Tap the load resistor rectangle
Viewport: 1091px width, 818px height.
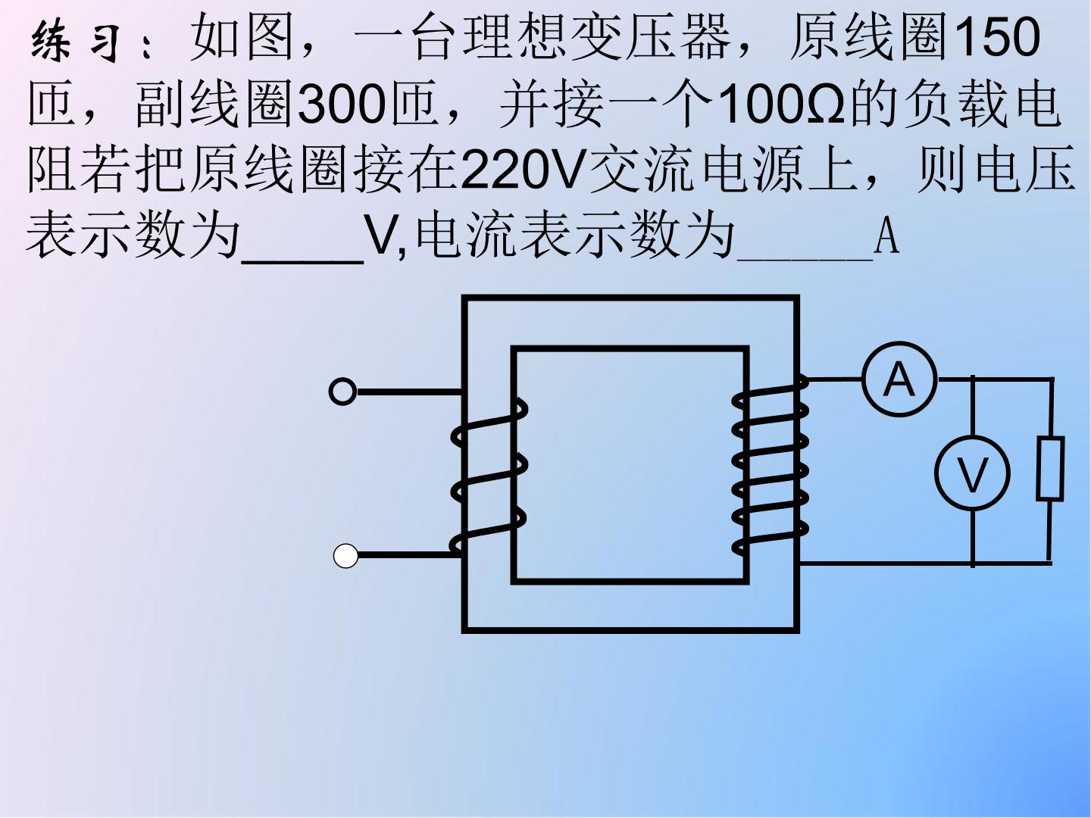point(1050,468)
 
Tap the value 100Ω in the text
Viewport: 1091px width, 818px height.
point(781,103)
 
